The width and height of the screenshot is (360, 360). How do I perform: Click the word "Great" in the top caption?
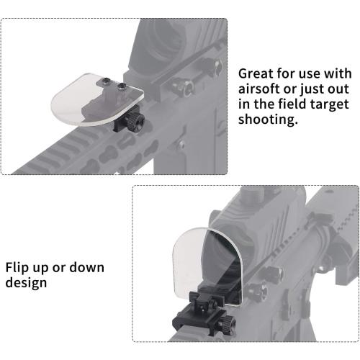point(256,74)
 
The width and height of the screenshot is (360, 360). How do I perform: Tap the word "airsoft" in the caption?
point(261,90)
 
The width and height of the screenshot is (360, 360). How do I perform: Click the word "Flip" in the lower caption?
point(21,268)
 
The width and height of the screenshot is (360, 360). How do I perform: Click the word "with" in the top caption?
point(337,74)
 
